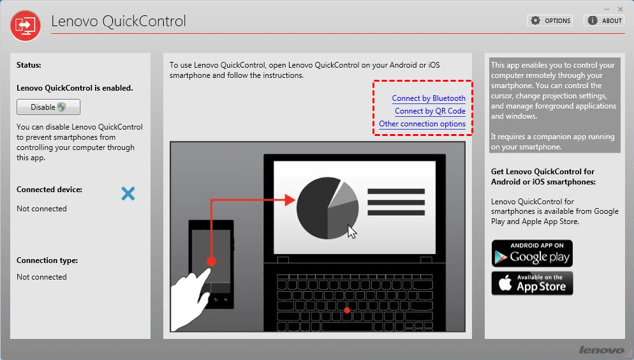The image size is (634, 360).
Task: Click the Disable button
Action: [48, 107]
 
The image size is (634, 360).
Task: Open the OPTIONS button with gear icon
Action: [550, 20]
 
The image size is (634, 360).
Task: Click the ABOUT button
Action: [604, 20]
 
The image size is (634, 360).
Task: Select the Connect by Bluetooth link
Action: [429, 98]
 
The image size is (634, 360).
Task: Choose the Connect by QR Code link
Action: [430, 111]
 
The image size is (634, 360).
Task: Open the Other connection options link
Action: [422, 124]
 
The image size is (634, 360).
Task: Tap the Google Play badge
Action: [532, 253]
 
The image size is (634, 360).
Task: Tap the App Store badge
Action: [532, 283]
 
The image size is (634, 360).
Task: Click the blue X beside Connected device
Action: [128, 194]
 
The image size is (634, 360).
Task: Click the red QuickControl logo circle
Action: [26, 26]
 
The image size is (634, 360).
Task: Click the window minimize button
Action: [607, 9]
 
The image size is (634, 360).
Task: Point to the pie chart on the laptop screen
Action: [327, 208]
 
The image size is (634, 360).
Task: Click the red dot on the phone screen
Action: [211, 261]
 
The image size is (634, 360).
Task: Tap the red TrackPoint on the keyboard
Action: [347, 310]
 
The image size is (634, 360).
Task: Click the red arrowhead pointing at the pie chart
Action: [290, 200]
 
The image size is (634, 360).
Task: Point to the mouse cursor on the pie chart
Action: [352, 232]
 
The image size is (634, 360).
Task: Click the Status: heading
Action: [29, 65]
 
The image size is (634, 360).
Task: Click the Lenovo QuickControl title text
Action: [119, 21]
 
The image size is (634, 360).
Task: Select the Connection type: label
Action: [47, 260]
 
